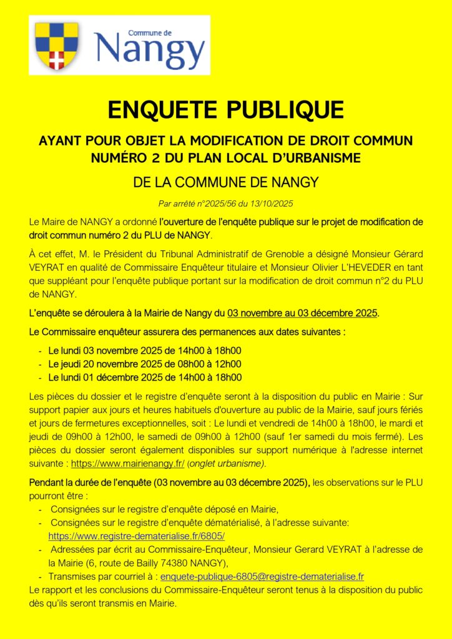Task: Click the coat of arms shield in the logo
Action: [57, 46]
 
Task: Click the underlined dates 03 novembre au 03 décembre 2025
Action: [302, 313]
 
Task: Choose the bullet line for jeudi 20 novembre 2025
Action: [144, 364]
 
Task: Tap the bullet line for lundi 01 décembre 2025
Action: [144, 378]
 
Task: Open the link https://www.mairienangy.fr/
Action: [127, 464]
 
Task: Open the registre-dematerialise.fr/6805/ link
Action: [136, 536]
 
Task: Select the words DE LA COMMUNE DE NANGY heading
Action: [226, 182]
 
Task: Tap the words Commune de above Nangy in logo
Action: [149, 32]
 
